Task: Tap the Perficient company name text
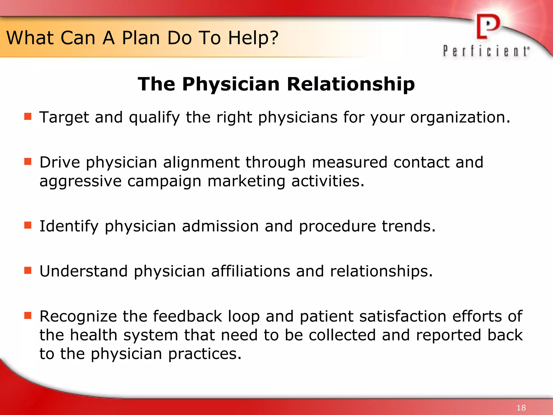point(486,51)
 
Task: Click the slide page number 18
point(521,408)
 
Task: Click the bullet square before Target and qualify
point(28,116)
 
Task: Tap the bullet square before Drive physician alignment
point(28,162)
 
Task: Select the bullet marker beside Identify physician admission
point(28,225)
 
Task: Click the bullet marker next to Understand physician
point(28,270)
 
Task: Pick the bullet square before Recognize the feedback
point(28,315)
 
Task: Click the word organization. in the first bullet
point(460,118)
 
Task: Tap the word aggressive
point(80,182)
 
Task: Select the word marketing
point(246,181)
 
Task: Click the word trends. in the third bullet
point(409,226)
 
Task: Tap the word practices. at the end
point(205,354)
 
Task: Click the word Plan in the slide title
point(141,38)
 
